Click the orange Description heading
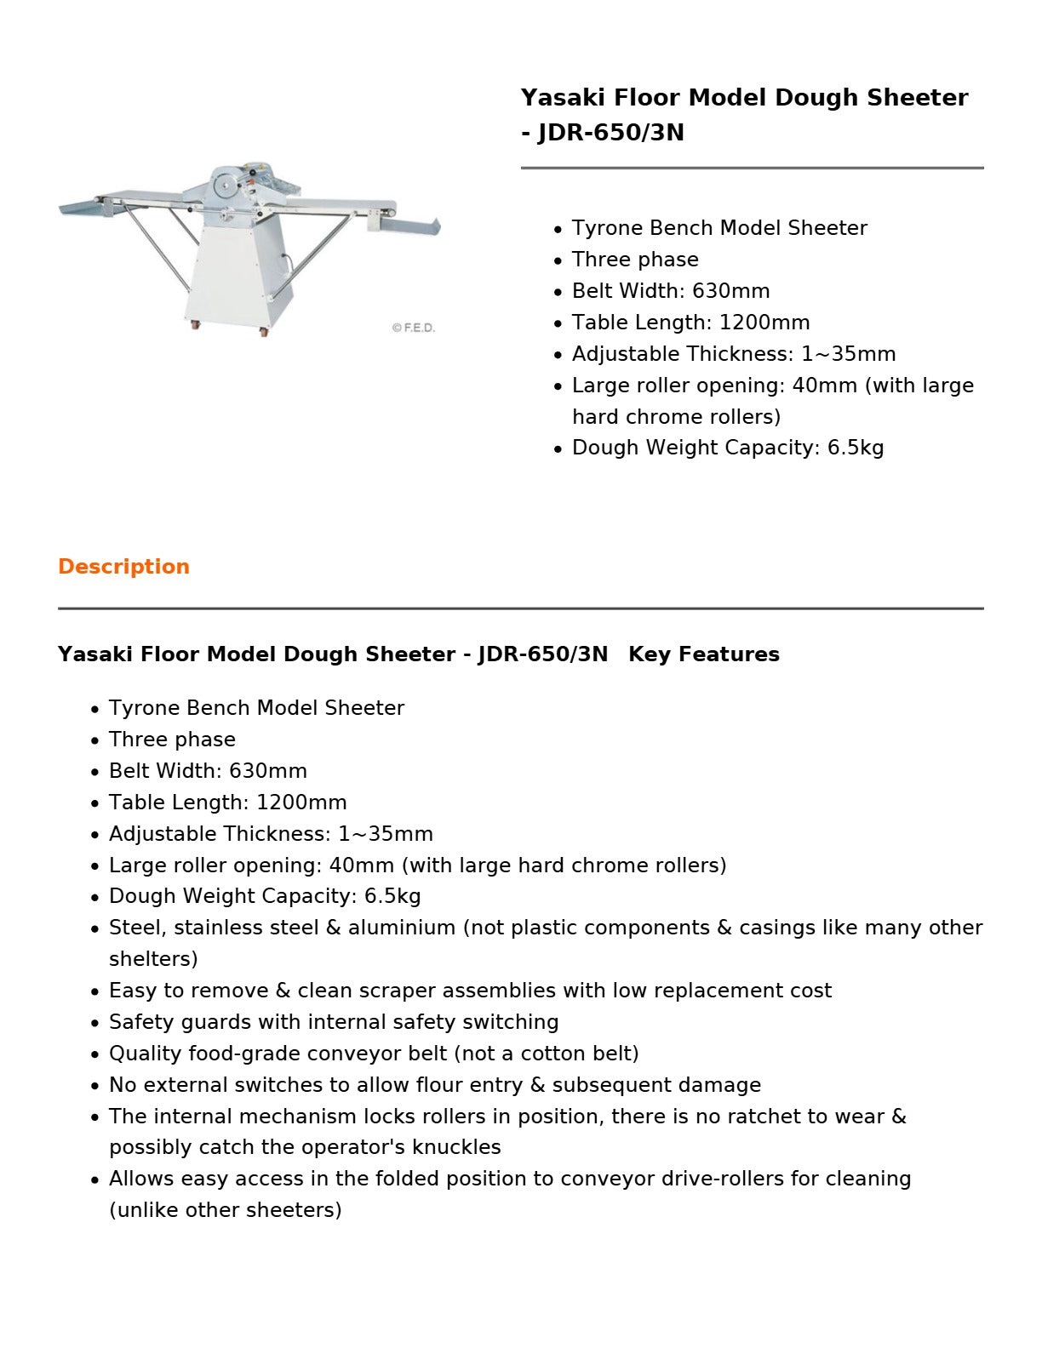click(123, 567)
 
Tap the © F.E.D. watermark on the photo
click(413, 328)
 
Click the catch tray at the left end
click(78, 206)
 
